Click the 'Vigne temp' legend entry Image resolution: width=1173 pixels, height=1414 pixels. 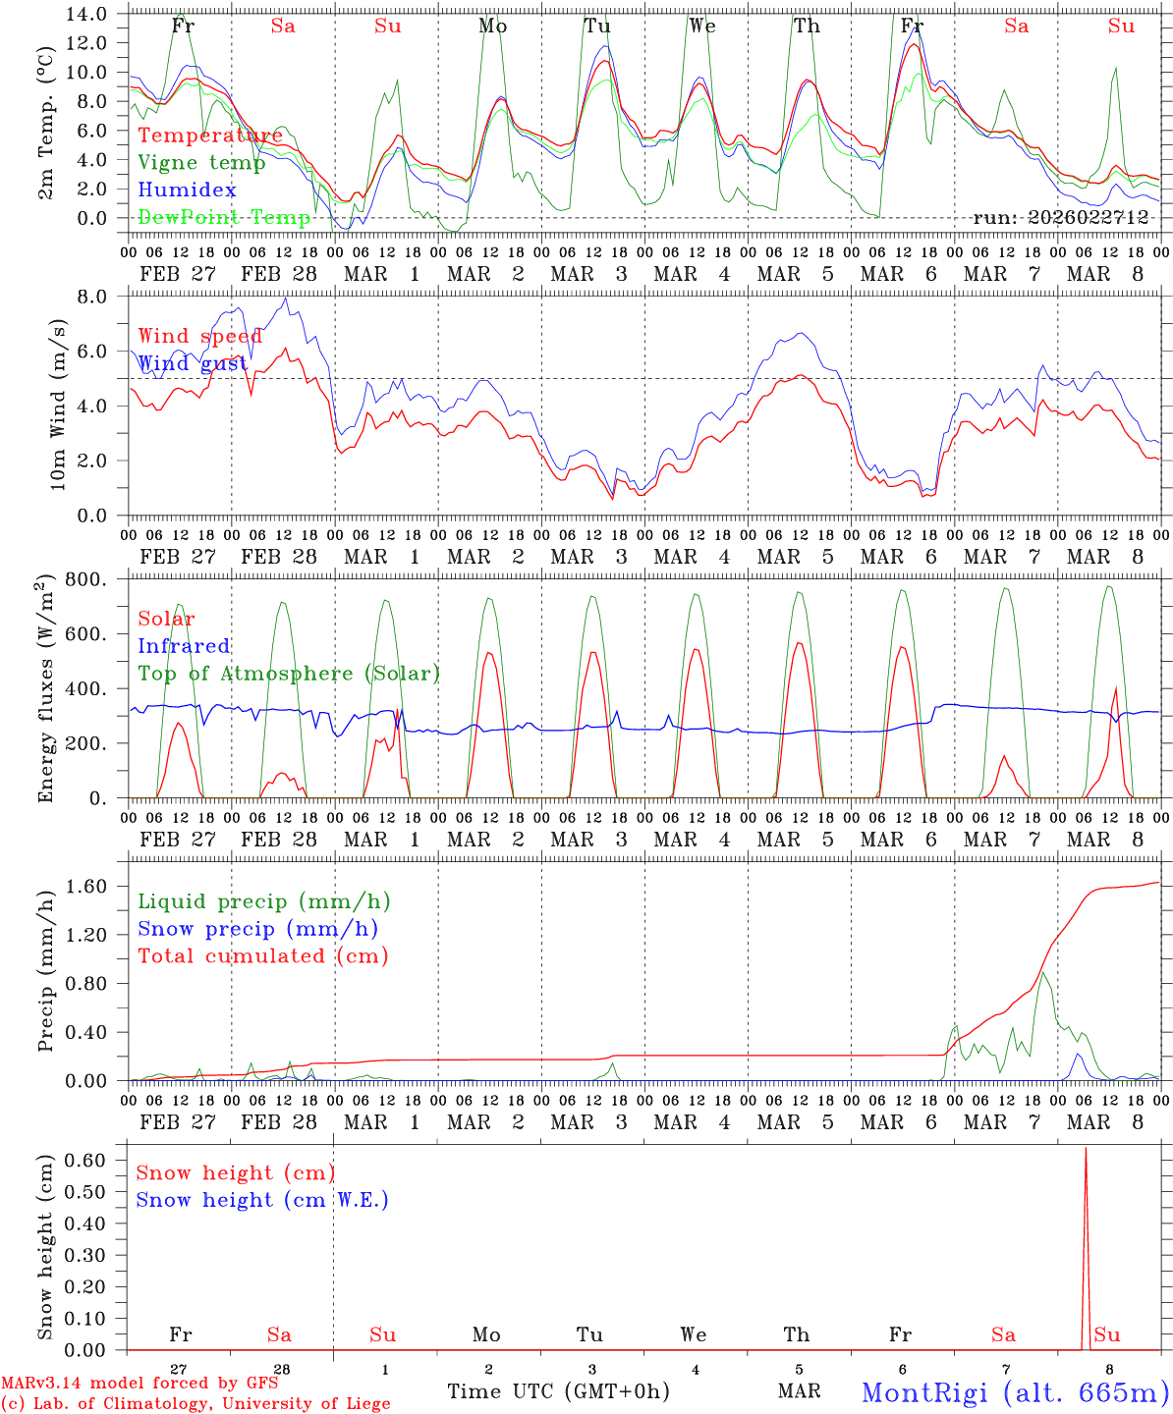201,163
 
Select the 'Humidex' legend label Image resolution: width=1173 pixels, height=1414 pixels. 187,190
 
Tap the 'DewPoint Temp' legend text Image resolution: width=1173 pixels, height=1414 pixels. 224,217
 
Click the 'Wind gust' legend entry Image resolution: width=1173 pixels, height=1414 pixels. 193,363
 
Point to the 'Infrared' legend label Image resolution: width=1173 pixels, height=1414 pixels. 184,646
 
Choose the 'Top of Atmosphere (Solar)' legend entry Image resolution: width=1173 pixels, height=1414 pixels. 288,674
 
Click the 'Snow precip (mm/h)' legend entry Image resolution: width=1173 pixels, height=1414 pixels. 257,929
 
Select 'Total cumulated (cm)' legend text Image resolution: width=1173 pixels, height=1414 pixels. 262,955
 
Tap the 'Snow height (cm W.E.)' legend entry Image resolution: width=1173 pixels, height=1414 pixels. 261,1200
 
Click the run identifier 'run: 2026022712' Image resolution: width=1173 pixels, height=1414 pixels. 1060,217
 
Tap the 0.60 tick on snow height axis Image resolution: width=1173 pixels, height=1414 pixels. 88,1160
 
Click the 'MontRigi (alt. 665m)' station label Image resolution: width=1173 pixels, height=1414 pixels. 1014,1391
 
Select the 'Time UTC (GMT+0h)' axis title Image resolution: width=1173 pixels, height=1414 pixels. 558,1391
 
